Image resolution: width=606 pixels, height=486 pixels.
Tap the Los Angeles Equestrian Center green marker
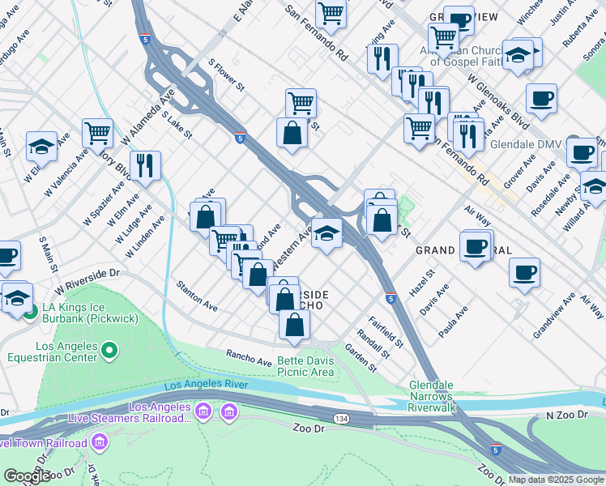pos(110,351)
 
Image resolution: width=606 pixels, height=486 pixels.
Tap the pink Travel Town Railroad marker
pos(100,442)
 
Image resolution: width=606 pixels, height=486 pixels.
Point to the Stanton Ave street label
pos(197,296)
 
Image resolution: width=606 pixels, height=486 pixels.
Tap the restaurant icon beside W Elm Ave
pos(145,165)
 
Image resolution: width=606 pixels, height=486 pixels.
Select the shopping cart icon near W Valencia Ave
pos(97,131)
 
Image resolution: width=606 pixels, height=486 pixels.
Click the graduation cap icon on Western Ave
pos(326,233)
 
